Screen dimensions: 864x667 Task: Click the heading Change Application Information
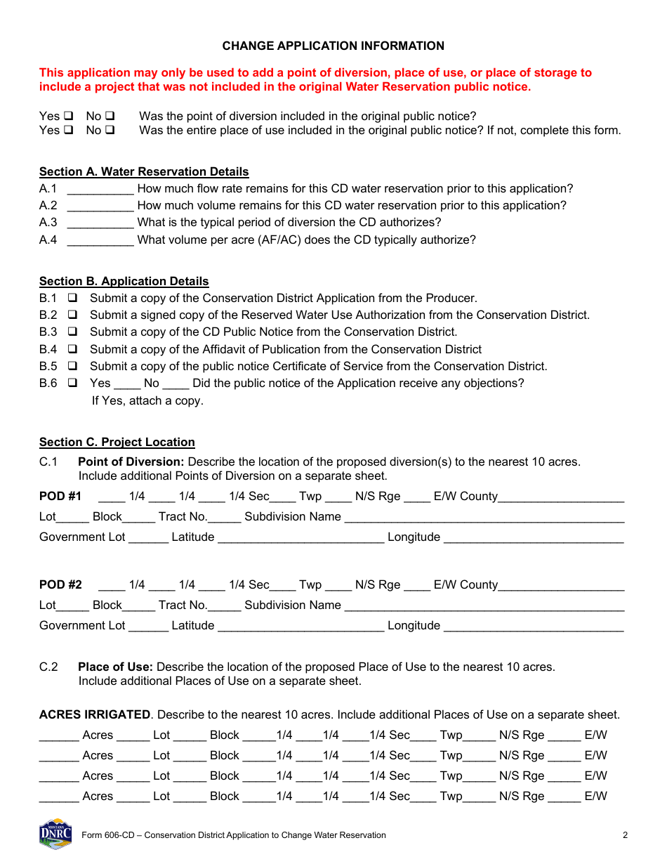pos(333,46)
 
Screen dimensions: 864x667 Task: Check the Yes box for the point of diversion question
pos(69,116)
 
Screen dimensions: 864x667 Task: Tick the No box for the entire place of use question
pos(110,130)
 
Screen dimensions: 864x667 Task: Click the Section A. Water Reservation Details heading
pos(144,171)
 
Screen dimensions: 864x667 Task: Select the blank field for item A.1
pos(100,189)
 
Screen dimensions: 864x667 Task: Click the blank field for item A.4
pos(100,240)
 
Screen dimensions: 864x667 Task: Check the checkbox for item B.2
pos(72,315)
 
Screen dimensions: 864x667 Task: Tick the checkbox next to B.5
pos(72,366)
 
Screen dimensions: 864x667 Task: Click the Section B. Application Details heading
pos(124,281)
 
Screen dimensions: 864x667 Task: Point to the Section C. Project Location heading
pos(117,442)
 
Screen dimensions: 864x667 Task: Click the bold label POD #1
pos(60,496)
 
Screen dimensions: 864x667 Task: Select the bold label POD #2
pos(60,584)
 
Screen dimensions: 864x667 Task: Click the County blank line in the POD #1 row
pos(561,498)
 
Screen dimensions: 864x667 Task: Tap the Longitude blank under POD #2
pos(534,627)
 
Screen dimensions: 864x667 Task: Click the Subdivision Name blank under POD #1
pos(484,518)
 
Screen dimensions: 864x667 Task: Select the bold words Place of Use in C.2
pos(115,667)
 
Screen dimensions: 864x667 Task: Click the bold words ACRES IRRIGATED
pos(95,714)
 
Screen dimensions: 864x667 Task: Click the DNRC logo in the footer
pos(55,834)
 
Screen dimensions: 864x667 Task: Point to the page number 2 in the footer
pos(625,835)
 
